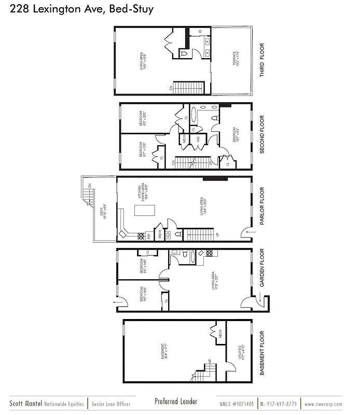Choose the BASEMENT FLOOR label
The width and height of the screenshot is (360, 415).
262,353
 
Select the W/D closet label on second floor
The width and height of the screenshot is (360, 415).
198,139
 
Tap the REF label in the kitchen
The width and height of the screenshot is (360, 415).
149,235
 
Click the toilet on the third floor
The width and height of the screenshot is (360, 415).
183,53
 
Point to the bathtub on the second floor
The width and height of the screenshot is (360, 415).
194,114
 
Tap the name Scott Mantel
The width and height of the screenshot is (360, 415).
24,404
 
